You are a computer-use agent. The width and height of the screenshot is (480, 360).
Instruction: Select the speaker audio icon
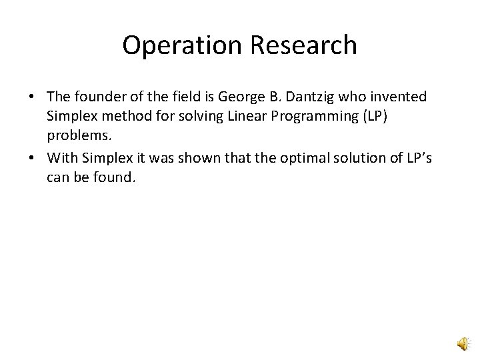click(463, 343)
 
